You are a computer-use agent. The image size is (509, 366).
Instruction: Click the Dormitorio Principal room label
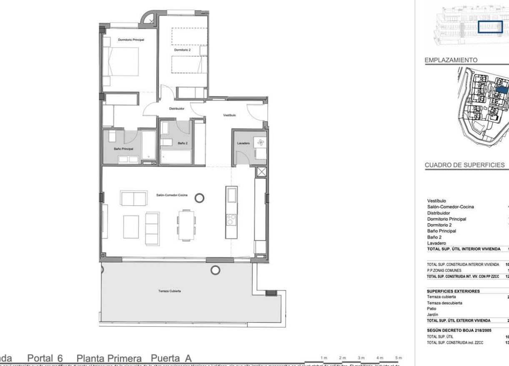(131, 40)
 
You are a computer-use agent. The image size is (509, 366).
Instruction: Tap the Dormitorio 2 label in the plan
(182, 49)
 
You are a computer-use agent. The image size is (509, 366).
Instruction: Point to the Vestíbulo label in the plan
(230, 115)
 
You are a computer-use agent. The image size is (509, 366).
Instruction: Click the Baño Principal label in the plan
(123, 149)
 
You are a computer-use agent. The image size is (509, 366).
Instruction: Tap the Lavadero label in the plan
(243, 143)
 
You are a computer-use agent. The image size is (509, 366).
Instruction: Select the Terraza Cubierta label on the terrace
(169, 291)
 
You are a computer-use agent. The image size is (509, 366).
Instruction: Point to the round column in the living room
(200, 197)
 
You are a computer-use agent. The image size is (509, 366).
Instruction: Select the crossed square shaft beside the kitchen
(261, 172)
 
